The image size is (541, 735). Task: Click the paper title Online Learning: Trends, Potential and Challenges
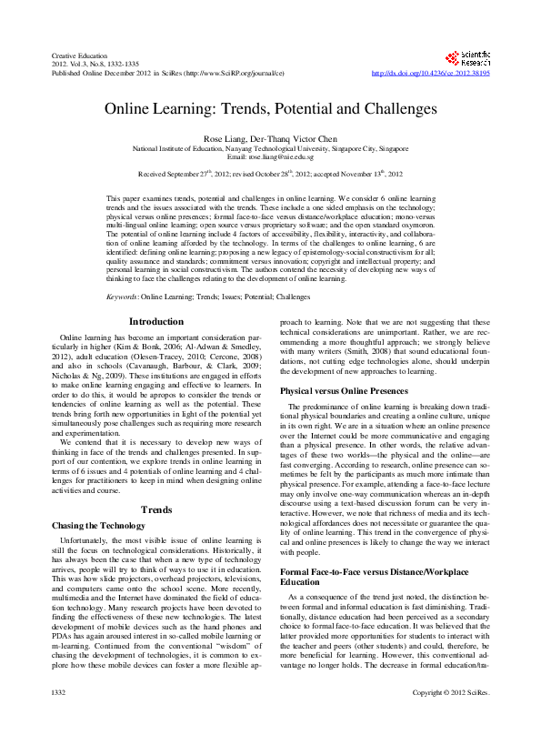pos(270,107)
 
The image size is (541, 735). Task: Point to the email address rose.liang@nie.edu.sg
pos(270,157)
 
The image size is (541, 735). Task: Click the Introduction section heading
pos(156,321)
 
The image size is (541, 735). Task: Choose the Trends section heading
pos(156,509)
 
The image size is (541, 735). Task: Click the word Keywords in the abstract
pos(123,297)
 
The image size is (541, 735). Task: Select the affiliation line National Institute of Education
pos(270,147)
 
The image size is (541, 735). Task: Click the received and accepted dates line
pos(270,173)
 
